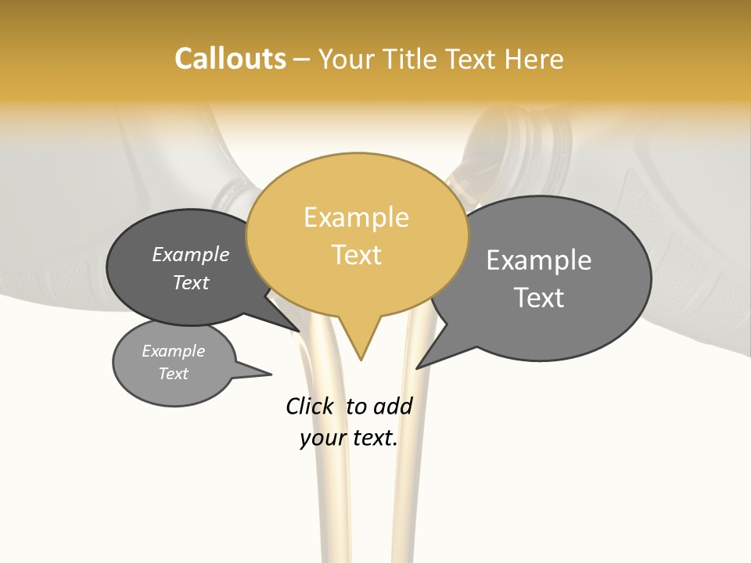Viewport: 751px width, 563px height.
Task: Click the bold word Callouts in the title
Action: pos(230,59)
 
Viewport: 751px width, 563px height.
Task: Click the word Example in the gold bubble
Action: pos(356,217)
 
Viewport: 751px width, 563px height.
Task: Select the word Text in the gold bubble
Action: pos(357,255)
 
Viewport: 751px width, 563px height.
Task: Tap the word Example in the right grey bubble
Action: pos(538,260)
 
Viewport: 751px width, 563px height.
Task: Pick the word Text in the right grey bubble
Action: pos(538,298)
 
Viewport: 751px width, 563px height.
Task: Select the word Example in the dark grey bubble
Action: pos(190,255)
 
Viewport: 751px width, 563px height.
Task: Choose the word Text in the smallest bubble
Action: pos(173,374)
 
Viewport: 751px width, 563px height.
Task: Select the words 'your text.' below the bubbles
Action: pos(348,438)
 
